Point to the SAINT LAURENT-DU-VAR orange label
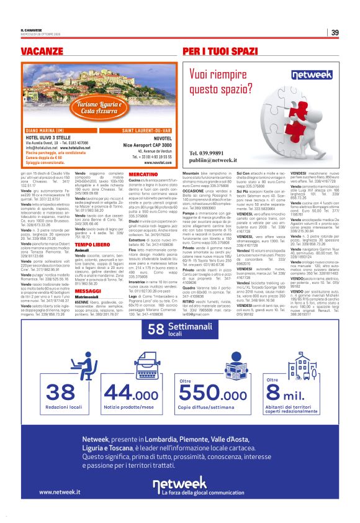[146, 130]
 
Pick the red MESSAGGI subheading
[88, 291]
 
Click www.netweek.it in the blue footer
[61, 492]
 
